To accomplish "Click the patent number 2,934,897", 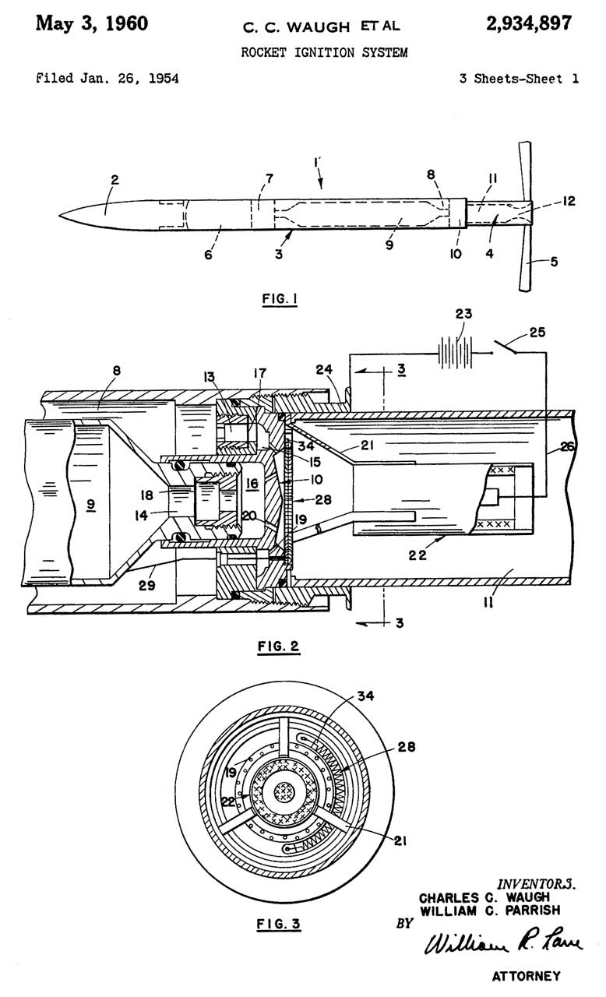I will [x=528, y=23].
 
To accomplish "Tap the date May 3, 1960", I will [x=92, y=23].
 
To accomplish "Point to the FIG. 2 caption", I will [x=277, y=646].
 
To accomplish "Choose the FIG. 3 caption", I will [x=278, y=925].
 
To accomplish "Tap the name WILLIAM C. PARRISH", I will [x=488, y=910].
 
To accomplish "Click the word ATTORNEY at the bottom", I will [x=526, y=975].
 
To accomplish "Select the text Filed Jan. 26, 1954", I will [x=107, y=79].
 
